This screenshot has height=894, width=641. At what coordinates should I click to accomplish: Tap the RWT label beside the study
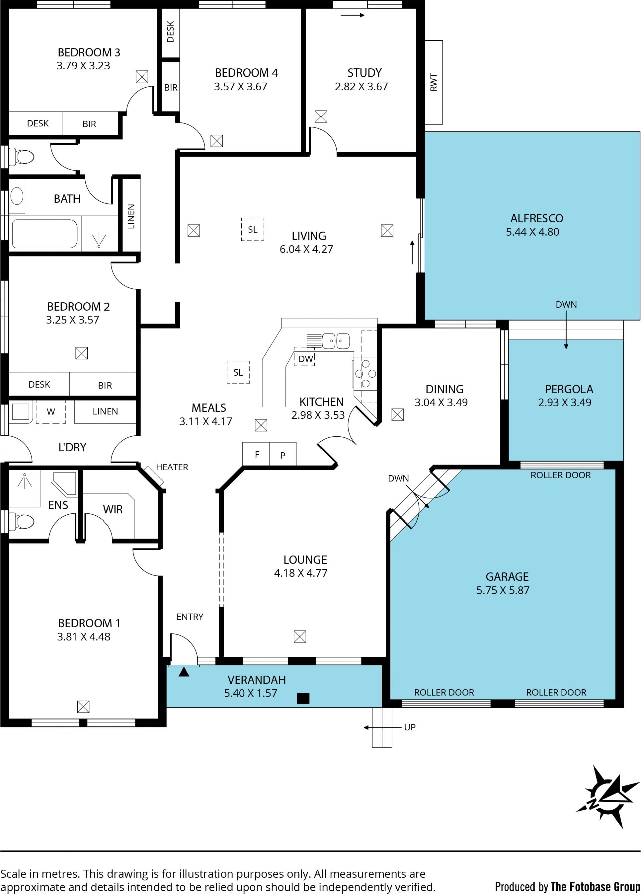coord(434,82)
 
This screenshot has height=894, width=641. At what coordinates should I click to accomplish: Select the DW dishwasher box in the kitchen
coord(304,357)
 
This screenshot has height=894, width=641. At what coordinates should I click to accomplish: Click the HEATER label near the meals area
coord(172,467)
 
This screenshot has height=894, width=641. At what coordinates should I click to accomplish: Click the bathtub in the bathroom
coord(44,234)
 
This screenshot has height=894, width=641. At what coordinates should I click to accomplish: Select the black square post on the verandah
coord(303,698)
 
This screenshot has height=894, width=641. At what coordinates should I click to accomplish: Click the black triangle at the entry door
coord(184,672)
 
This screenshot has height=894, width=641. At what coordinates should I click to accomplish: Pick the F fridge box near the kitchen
coord(256,454)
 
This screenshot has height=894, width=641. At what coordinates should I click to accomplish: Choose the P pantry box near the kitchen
coord(283,454)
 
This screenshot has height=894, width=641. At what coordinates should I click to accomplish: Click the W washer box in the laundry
coord(51,412)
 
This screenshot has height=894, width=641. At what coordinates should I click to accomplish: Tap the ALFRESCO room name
coord(537,218)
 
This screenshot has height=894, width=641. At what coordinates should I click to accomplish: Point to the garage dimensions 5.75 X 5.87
coord(503,590)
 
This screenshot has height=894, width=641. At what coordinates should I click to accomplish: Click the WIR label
coord(113,510)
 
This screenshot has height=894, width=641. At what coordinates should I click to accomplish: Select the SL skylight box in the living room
coord(252,230)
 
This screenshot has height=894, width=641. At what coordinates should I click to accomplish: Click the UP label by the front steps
coord(410,727)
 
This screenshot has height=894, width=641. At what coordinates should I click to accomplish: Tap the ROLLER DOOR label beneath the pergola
coord(561,475)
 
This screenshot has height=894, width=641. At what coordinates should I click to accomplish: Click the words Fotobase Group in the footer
coord(595,887)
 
